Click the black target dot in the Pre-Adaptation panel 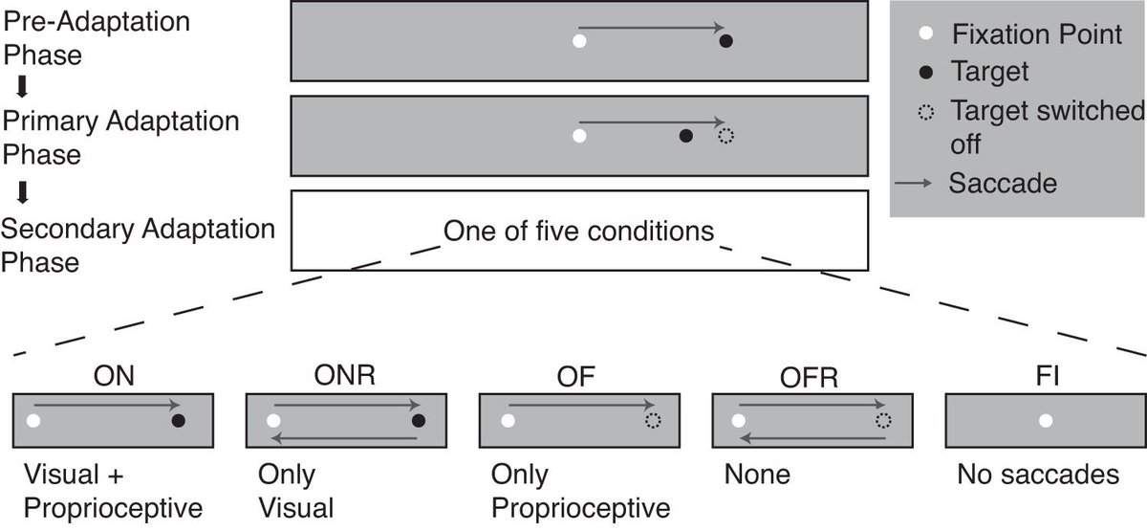726,41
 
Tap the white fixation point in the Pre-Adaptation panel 577,41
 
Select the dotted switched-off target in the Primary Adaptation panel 725,136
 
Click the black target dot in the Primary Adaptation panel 684,136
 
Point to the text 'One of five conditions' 578,231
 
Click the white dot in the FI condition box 1046,420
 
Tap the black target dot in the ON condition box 177,420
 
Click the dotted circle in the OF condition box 653,420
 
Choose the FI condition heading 1046,375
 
